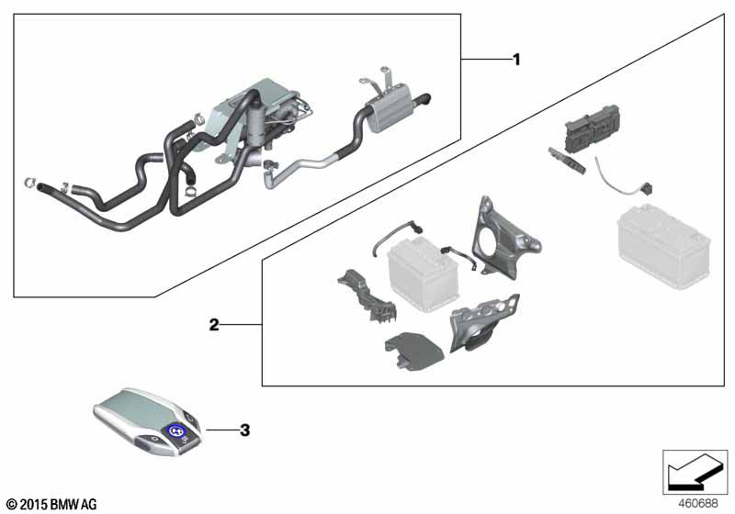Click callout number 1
516,60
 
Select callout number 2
214,324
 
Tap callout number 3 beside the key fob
243,429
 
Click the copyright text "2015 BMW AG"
51,504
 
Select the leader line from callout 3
220,429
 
